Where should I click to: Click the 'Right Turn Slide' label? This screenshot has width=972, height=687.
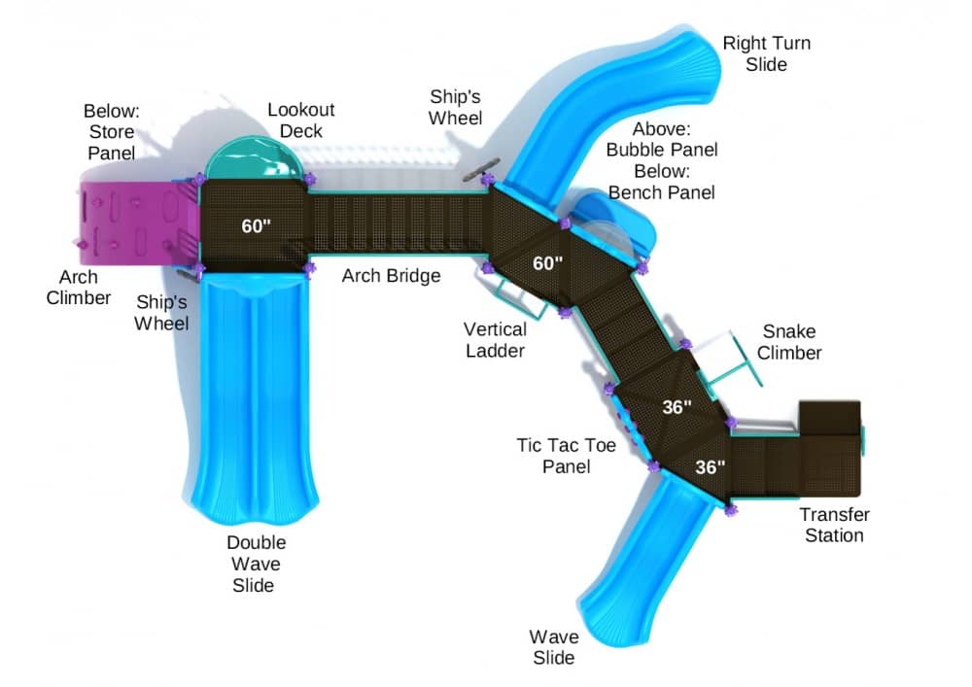point(766,53)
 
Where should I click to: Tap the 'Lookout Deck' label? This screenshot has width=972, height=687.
point(300,120)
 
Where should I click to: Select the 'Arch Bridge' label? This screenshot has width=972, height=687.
point(391,275)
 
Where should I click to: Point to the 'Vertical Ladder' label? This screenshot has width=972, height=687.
point(496,339)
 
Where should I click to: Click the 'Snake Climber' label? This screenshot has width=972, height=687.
point(789,342)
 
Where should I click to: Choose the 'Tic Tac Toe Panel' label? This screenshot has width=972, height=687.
point(566,456)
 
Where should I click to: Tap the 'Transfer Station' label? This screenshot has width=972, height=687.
point(834,525)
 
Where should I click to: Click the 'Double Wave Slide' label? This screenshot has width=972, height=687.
point(256,564)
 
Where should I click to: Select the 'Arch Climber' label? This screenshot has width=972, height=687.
point(78,287)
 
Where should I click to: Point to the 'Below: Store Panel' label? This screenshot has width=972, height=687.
point(112,131)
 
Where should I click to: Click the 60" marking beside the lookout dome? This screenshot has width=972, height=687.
point(256,226)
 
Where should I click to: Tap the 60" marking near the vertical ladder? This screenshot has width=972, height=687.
point(547,263)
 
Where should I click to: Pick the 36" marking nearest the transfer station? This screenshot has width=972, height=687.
point(710,466)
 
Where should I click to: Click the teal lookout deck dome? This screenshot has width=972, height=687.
point(254,158)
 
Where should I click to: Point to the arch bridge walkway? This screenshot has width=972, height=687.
point(397,223)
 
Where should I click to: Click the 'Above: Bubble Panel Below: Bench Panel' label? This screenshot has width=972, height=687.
point(661,160)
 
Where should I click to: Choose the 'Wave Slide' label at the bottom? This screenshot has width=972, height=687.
point(554,647)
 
